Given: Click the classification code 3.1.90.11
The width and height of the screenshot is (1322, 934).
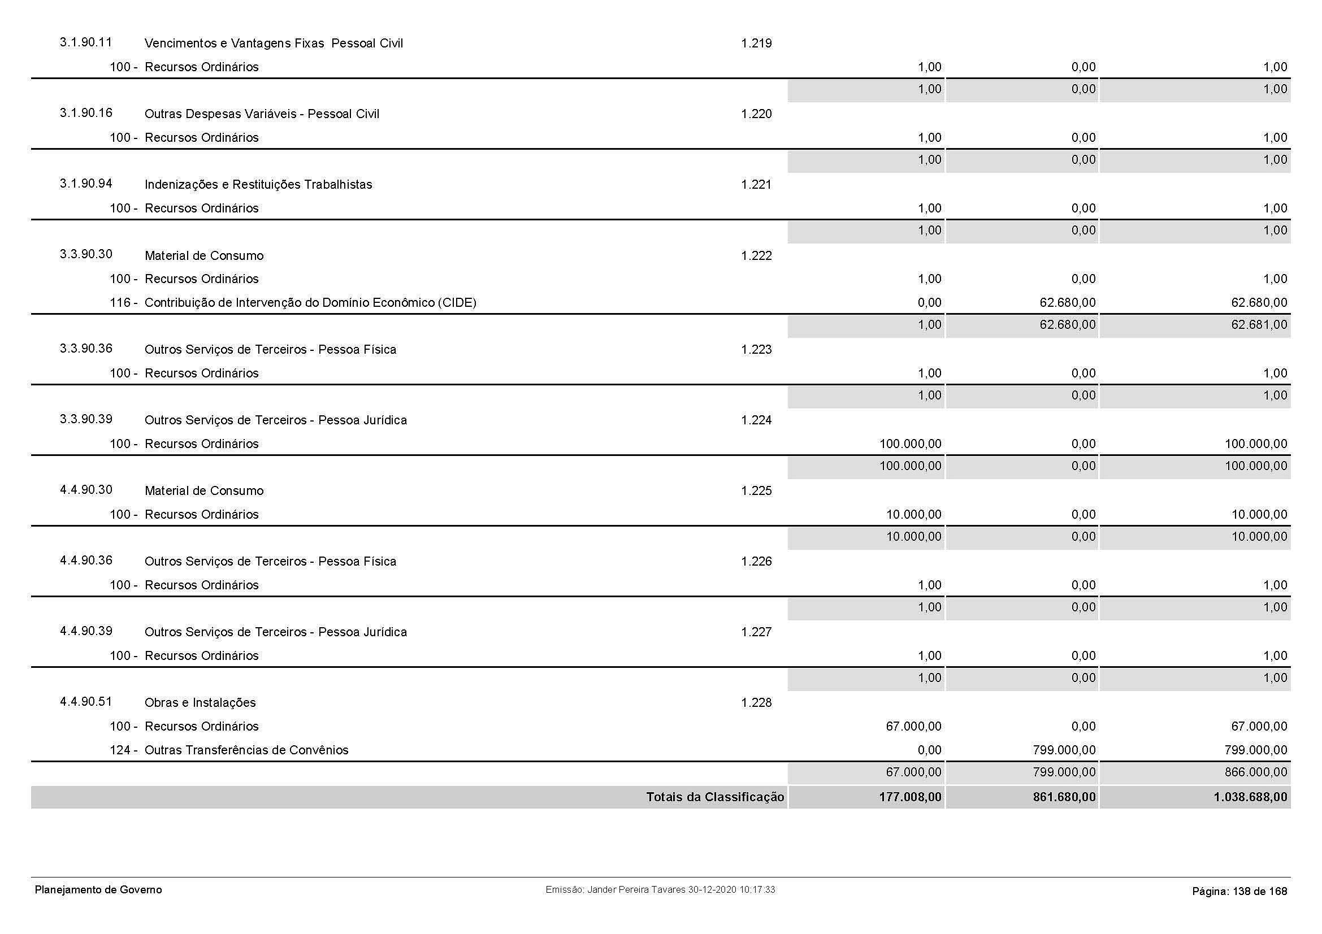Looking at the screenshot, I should coord(86,42).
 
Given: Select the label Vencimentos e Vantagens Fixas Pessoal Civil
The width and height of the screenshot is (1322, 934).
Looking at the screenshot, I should coord(274,44).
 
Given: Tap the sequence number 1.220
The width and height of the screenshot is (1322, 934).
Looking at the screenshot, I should coord(756,114).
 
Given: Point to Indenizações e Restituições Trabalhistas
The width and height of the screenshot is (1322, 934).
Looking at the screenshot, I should coord(258,185).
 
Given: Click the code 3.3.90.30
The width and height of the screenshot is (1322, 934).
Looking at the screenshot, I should coord(86,254).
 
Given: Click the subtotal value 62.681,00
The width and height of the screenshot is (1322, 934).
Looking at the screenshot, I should coord(1259,325).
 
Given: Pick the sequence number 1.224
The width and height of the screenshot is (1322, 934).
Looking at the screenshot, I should coord(756,420).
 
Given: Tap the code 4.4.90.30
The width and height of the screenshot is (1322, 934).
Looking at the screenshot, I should coord(86,490).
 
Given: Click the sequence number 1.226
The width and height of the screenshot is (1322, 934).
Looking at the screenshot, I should coord(756,562).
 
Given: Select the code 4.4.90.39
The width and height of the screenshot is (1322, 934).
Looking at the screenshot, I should coord(86,631).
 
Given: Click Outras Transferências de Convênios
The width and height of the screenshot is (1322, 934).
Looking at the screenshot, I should coord(246,750).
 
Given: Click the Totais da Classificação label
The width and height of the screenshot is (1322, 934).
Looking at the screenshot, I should coord(714,797).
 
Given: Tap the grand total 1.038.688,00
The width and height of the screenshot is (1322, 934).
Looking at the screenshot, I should coord(1250,798).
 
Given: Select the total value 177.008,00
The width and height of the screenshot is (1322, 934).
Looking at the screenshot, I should coord(910,798).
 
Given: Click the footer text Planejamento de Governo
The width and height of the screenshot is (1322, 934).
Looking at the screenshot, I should coord(98,890).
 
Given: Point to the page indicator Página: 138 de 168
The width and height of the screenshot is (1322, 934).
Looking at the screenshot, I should coord(1239,892).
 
